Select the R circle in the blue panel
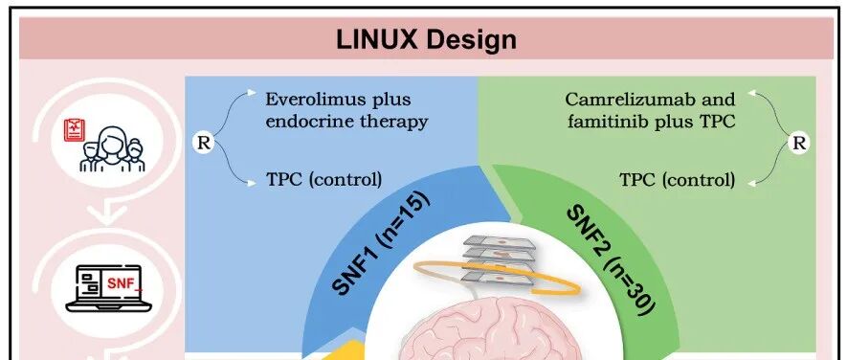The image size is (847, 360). pos(202,143)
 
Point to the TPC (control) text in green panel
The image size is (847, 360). pos(677,179)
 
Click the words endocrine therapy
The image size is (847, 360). pos(346,122)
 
